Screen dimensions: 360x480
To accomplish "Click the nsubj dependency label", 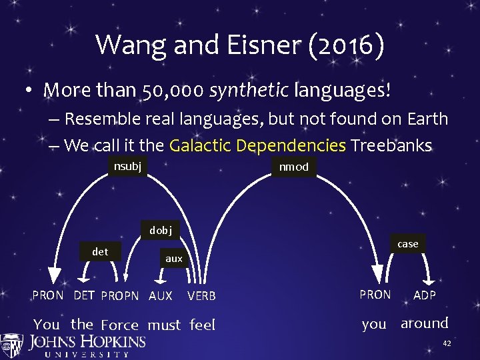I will click(x=127, y=165).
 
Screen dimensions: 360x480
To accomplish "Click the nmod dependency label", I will click(x=293, y=167).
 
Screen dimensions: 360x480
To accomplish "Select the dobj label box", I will click(x=161, y=230).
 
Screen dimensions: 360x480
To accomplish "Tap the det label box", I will click(x=100, y=251).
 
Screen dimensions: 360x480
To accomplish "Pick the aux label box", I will click(x=173, y=259).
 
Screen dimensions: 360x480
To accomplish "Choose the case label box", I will click(x=407, y=244).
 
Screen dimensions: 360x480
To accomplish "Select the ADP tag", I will click(x=425, y=295).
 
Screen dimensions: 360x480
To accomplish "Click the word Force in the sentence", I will click(x=119, y=325).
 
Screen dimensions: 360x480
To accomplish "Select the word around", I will click(x=424, y=323).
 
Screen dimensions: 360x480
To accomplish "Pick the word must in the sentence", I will click(x=164, y=325).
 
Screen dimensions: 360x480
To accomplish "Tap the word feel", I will click(x=203, y=325).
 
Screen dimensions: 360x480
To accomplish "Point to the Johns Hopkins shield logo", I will click(x=12, y=345).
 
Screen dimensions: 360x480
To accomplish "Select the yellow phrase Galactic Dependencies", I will click(x=257, y=145).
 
